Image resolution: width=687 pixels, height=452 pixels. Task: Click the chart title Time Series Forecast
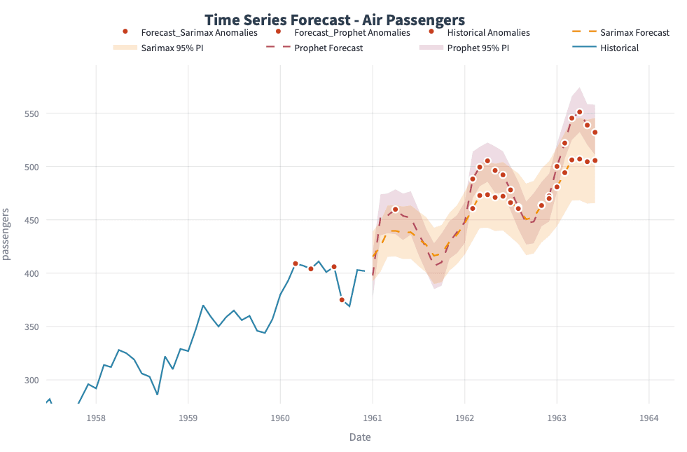click(x=334, y=20)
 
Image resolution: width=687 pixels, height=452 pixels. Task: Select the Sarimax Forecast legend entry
click(x=634, y=33)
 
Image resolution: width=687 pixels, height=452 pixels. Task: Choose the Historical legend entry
click(x=618, y=48)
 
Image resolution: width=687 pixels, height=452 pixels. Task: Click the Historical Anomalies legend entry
click(x=487, y=33)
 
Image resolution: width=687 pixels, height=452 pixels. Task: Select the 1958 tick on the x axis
click(x=96, y=418)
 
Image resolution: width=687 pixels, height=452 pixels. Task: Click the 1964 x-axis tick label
click(x=648, y=418)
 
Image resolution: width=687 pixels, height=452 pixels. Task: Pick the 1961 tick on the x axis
click(x=372, y=418)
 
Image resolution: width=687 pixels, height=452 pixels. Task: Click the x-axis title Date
click(x=360, y=437)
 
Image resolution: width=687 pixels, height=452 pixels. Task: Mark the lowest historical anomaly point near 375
click(x=342, y=300)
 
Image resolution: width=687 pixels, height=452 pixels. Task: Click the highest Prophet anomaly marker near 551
click(x=579, y=112)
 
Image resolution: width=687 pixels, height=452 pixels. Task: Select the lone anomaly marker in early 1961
click(x=395, y=209)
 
